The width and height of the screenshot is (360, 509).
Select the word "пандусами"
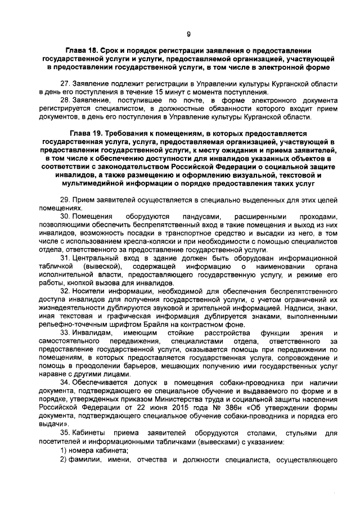[195, 216]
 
